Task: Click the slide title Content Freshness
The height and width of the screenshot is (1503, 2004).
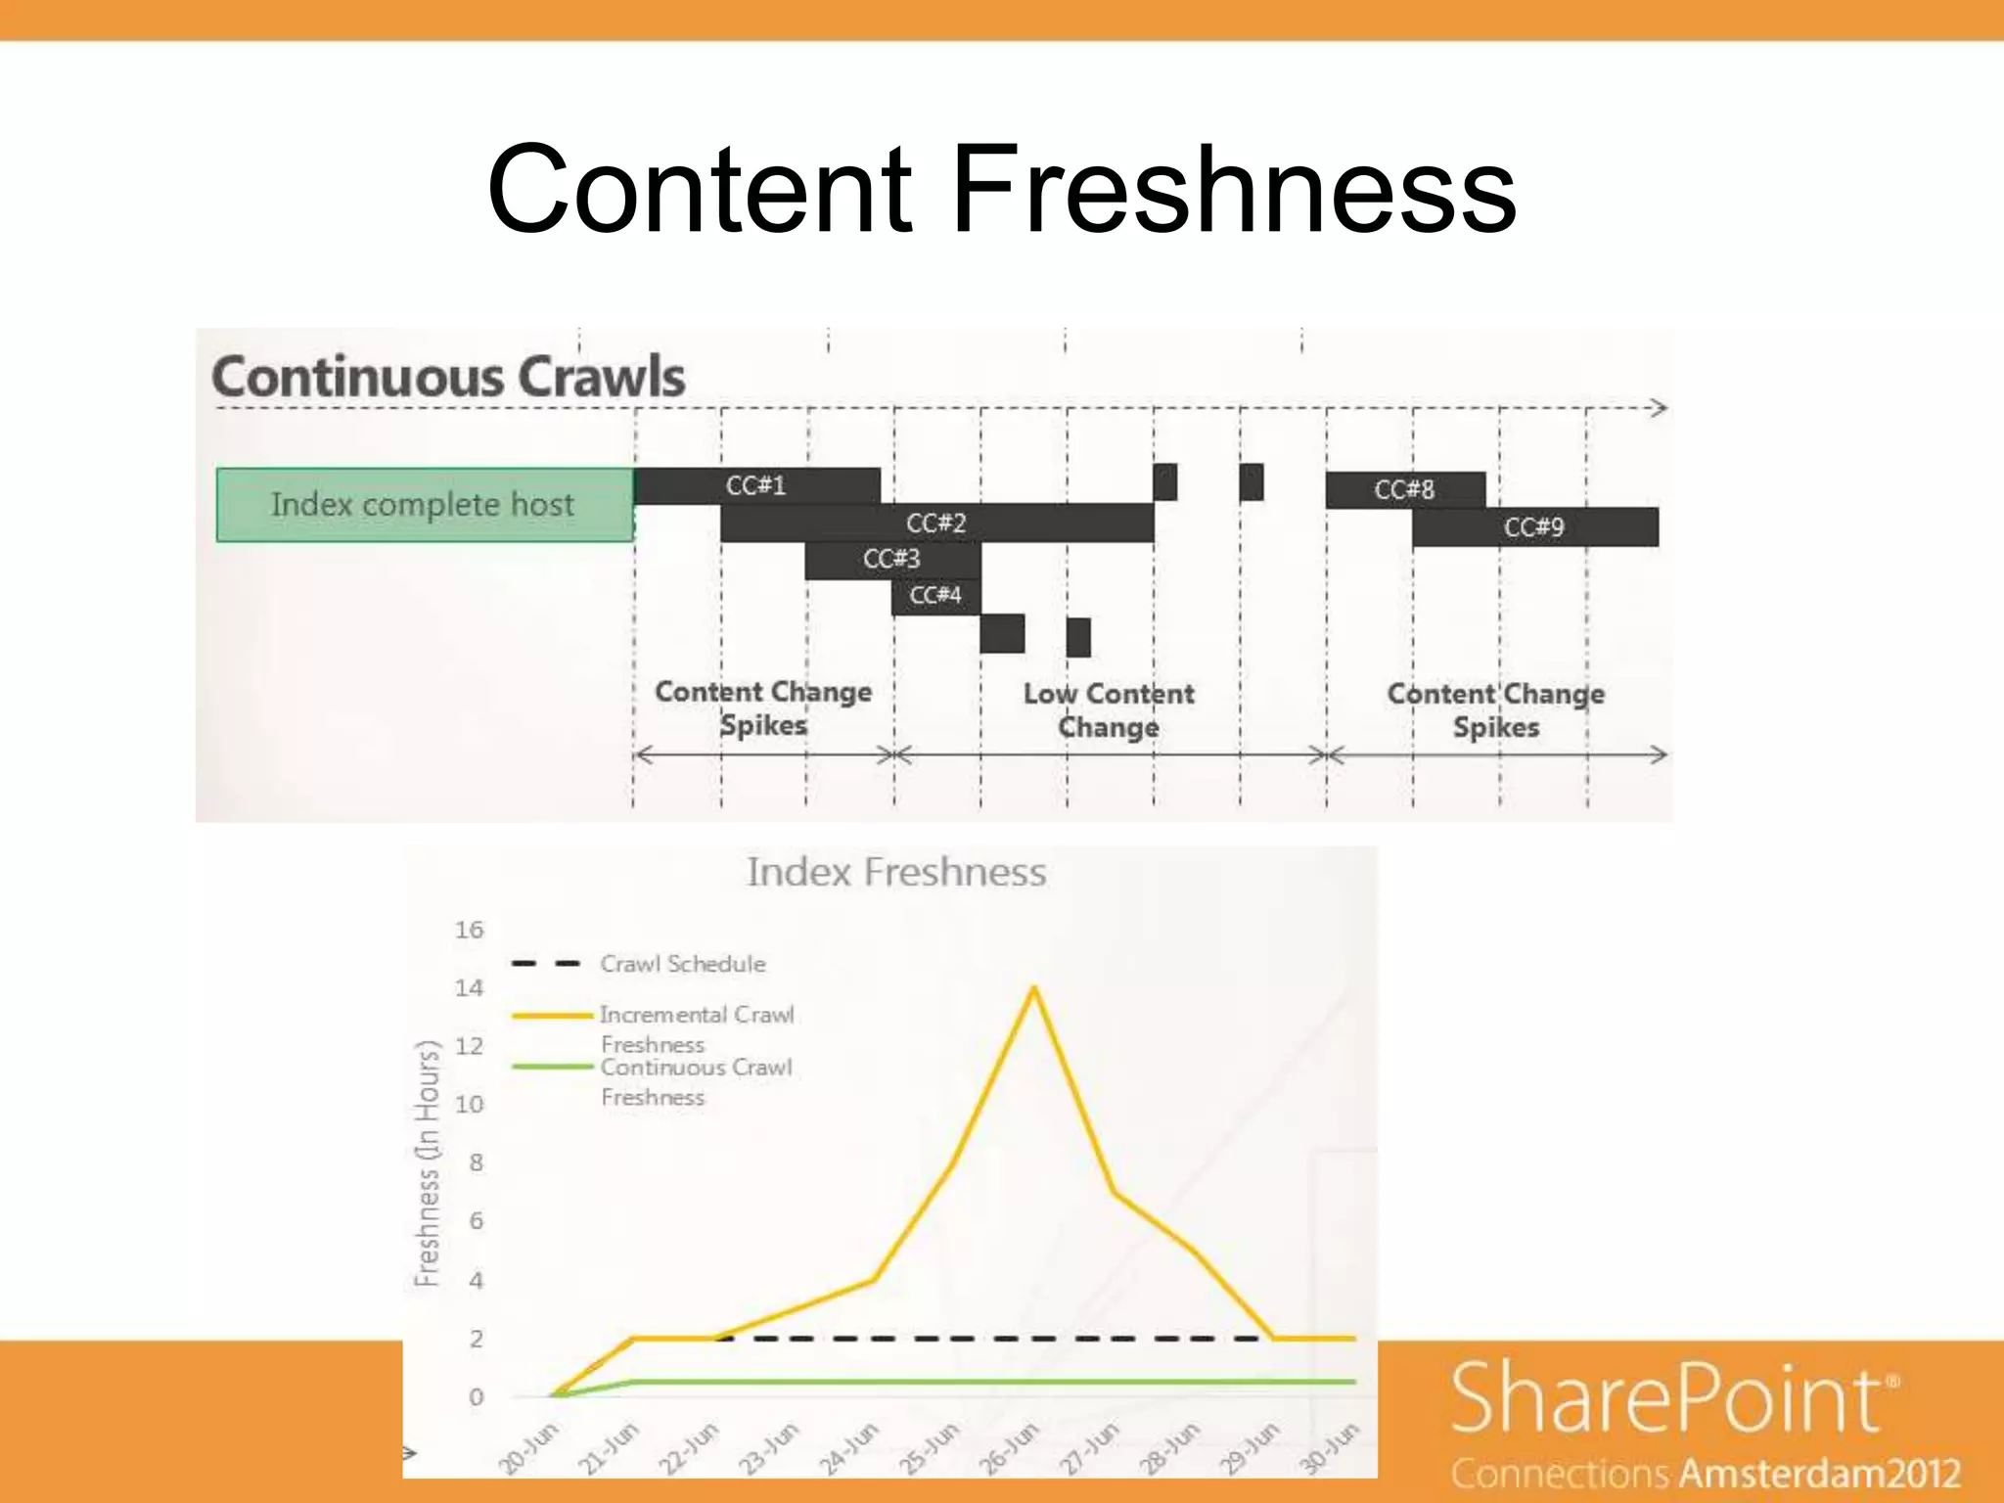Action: pyautogui.click(x=1000, y=189)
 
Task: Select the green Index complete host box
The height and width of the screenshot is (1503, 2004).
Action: pyautogui.click(x=424, y=505)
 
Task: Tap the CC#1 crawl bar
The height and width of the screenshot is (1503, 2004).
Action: pyautogui.click(x=756, y=486)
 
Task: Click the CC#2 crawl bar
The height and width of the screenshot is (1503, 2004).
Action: pyautogui.click(x=936, y=524)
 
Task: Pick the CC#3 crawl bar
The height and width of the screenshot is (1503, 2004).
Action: pyautogui.click(x=891, y=560)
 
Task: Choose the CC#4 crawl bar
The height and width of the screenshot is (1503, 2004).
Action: pyautogui.click(x=935, y=596)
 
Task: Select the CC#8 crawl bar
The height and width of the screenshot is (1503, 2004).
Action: pyautogui.click(x=1404, y=489)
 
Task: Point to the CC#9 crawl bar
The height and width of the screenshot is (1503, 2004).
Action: pyautogui.click(x=1533, y=527)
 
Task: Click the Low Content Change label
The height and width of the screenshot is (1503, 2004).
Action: pyautogui.click(x=1109, y=710)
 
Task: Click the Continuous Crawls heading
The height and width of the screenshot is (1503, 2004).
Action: pyautogui.click(x=449, y=378)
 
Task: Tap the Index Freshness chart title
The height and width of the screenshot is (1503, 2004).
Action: pyautogui.click(x=895, y=872)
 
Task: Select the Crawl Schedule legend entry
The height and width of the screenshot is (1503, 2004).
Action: pyautogui.click(x=682, y=964)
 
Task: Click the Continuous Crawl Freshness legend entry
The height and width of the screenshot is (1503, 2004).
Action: pyautogui.click(x=696, y=1081)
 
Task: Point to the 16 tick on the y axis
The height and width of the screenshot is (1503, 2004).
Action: pyautogui.click(x=470, y=930)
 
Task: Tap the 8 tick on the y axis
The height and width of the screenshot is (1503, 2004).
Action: pyautogui.click(x=476, y=1162)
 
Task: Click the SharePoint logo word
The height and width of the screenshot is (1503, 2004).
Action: pyautogui.click(x=1665, y=1399)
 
